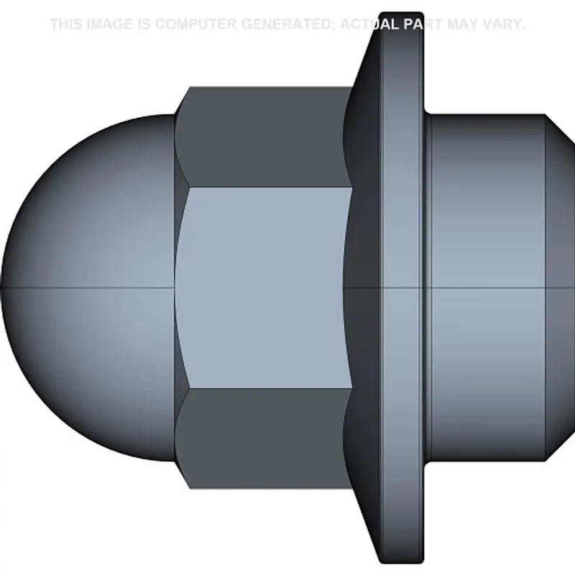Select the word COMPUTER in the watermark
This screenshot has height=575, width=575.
(195, 24)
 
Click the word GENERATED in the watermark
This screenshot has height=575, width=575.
(287, 24)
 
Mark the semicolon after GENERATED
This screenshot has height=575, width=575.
(335, 26)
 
